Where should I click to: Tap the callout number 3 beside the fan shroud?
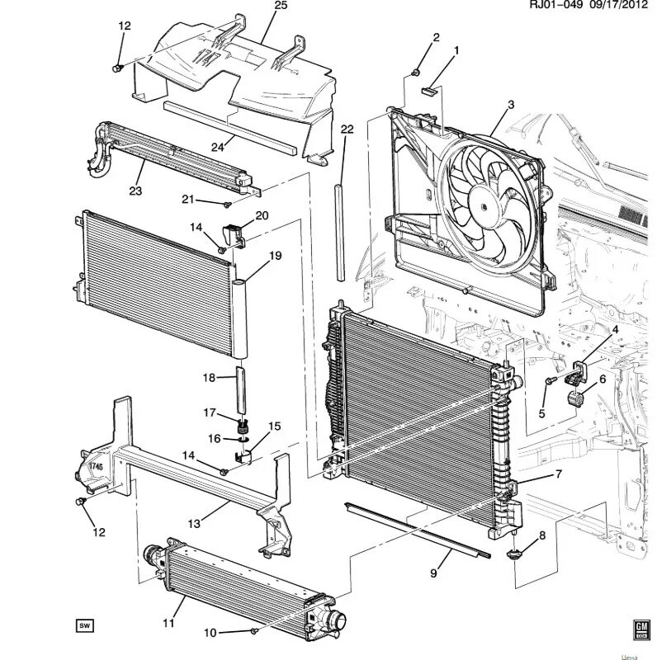(511, 104)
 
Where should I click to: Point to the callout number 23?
(135, 191)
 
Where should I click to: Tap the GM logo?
(639, 629)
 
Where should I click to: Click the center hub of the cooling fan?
(480, 200)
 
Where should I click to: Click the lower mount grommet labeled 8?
(514, 554)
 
